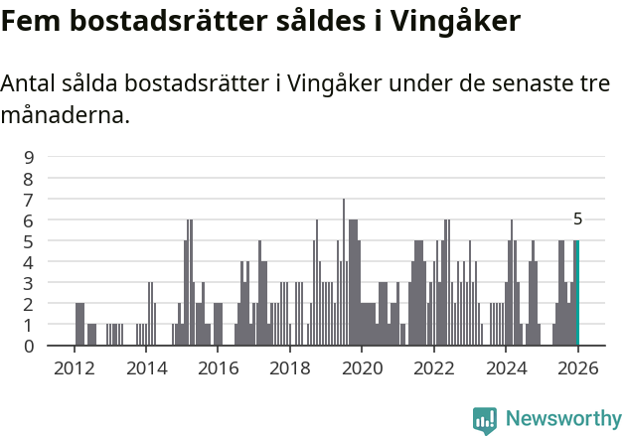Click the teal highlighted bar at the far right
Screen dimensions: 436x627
[x=576, y=293]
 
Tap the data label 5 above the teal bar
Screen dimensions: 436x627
[x=577, y=219]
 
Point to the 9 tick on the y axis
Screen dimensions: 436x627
[x=29, y=157]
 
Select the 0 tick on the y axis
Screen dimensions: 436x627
[x=29, y=346]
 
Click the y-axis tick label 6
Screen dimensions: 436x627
[x=29, y=219]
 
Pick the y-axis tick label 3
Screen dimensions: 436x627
[x=29, y=283]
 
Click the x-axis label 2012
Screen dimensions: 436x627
[x=74, y=368]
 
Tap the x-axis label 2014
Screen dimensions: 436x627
[x=146, y=368]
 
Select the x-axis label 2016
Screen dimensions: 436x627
[x=218, y=368]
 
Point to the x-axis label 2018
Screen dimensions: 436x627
[x=289, y=368]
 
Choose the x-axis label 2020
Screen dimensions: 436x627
[x=362, y=368]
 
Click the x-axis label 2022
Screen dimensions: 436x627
[x=433, y=368]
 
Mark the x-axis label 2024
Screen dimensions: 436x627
[x=506, y=368]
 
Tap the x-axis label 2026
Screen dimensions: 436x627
[x=577, y=368]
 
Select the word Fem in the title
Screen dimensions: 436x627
[x=29, y=21]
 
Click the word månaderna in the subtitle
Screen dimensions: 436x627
[x=65, y=115]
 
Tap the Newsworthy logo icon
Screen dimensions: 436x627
[x=485, y=420]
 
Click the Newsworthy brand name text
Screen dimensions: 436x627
[x=563, y=420]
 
